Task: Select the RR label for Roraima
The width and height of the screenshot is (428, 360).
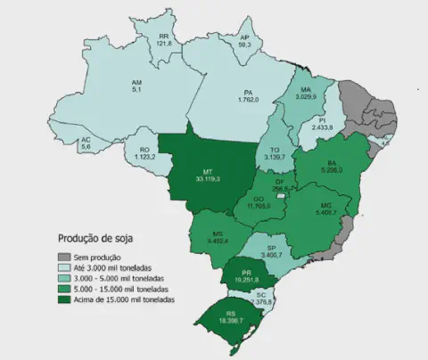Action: point(163,37)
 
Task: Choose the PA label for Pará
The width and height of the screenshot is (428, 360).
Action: point(251,92)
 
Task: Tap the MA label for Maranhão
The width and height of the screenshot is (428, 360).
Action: point(307,90)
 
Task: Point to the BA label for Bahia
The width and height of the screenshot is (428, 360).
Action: point(332,163)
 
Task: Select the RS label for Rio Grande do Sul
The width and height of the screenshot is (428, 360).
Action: point(230,312)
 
